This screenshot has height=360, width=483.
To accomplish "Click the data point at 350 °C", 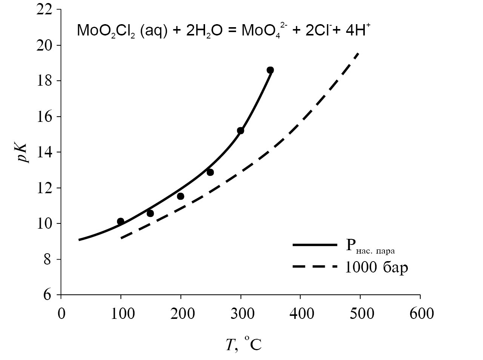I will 270,70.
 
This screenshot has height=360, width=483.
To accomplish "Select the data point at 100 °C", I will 120,221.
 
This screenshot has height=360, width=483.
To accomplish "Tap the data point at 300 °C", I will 241,131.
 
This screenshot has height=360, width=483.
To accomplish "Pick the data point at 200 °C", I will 181,196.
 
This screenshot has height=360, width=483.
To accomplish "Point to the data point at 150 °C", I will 150,214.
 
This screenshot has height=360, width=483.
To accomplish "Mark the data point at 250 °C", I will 210,172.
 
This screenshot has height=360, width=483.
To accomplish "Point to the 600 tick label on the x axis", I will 420,314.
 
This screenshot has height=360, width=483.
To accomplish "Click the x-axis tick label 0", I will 61,314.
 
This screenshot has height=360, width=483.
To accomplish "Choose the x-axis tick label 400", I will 300,314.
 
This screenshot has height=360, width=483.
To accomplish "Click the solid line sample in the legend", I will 314,245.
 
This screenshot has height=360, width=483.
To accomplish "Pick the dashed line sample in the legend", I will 314,267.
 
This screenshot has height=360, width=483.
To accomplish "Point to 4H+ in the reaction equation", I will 359,30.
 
